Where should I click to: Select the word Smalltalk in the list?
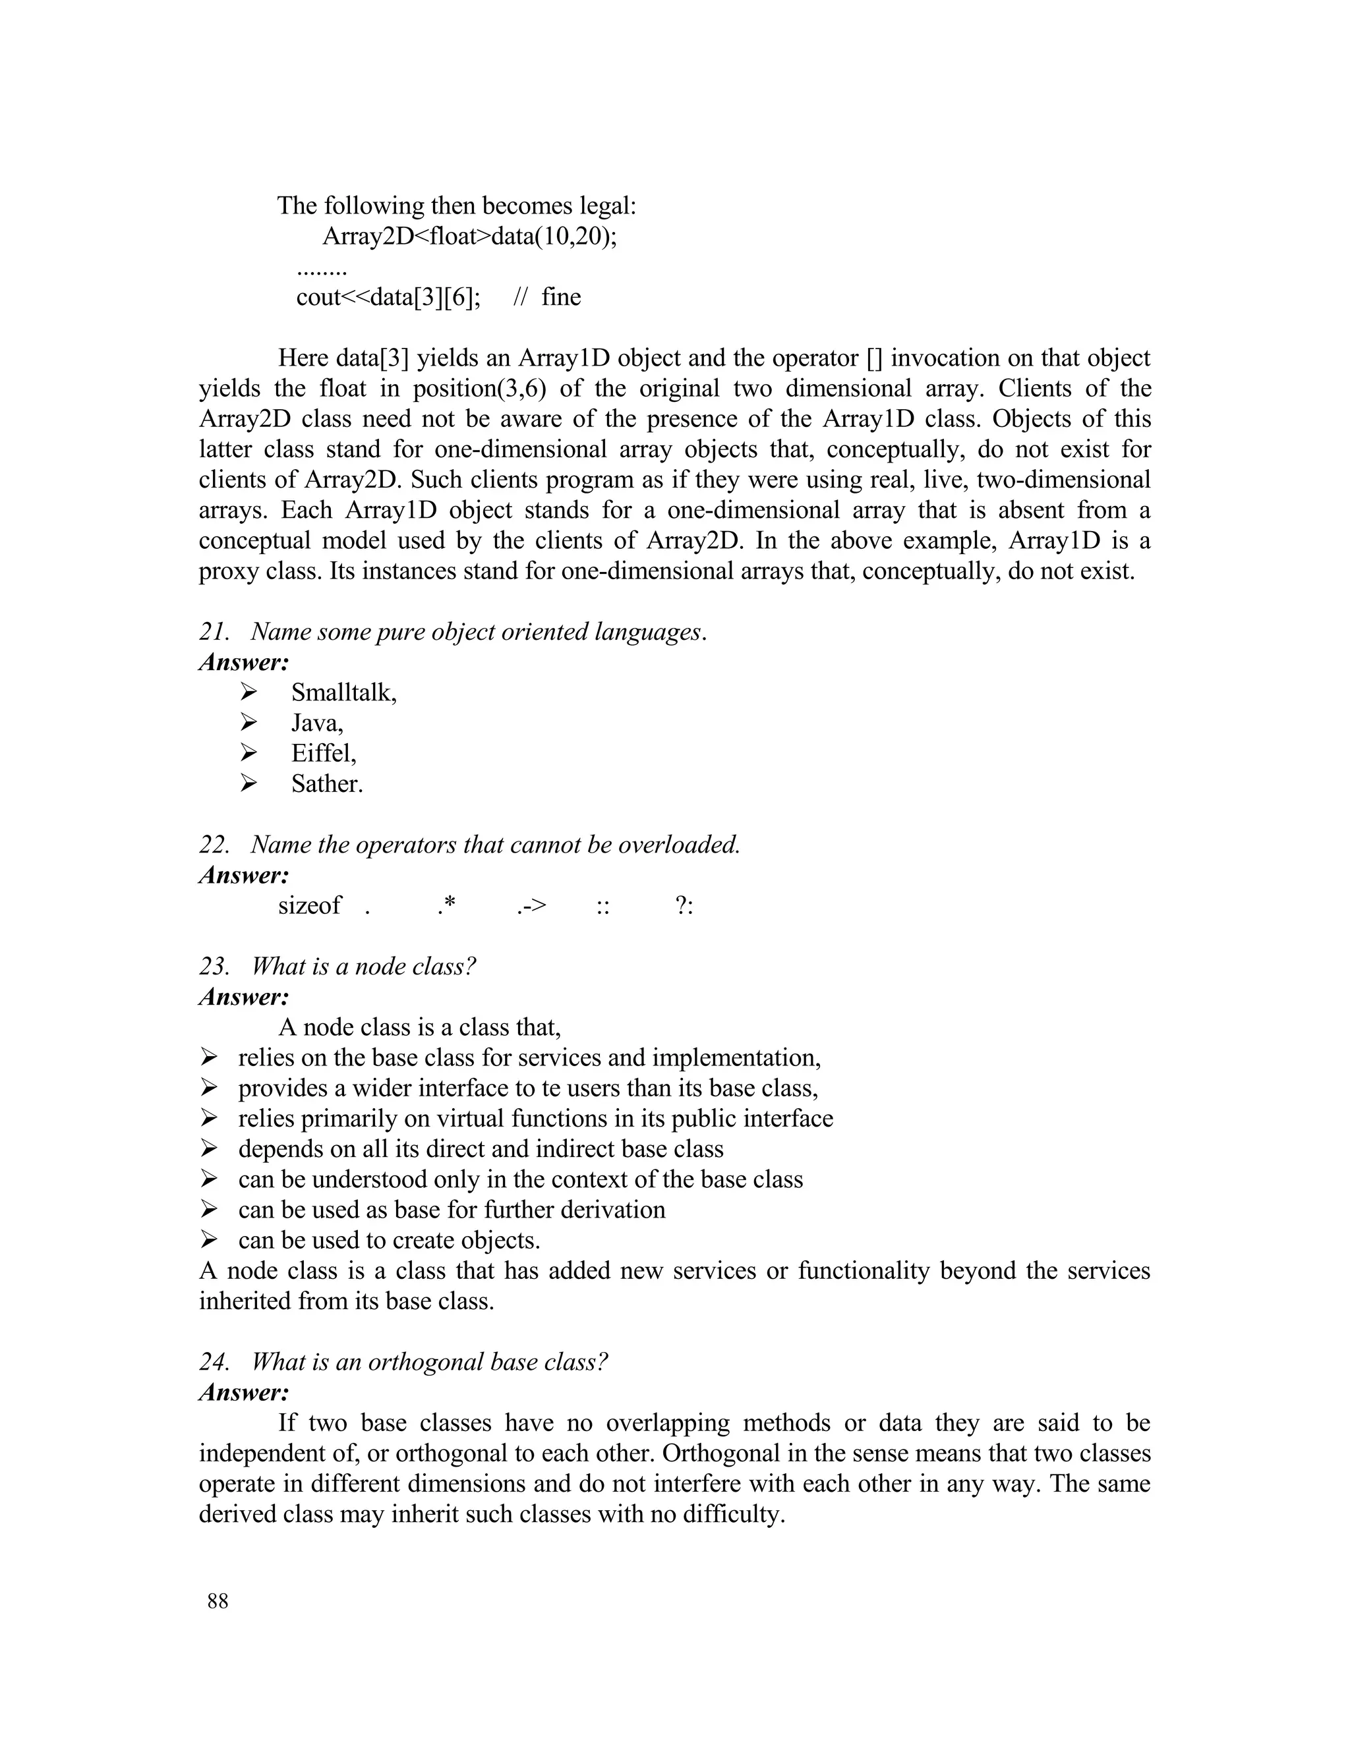tap(342, 692)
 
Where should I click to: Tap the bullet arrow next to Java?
tap(249, 723)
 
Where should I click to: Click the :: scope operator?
tap(603, 907)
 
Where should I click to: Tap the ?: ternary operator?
tap(684, 906)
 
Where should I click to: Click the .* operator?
tap(446, 905)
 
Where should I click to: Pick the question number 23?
tap(214, 966)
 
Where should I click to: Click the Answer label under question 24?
tap(243, 1393)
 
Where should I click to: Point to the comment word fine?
tap(561, 297)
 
